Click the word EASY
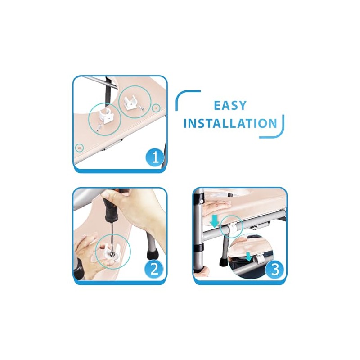click(230, 105)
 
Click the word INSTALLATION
click(230, 123)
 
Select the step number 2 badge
click(154, 269)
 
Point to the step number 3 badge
click(274, 269)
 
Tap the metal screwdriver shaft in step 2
click(112, 237)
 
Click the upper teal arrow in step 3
click(214, 221)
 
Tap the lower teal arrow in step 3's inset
click(248, 256)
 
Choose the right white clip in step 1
click(130, 102)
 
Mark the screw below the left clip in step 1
click(99, 127)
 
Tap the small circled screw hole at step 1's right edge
click(156, 108)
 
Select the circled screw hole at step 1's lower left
click(80, 148)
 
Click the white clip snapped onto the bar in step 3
click(232, 229)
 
